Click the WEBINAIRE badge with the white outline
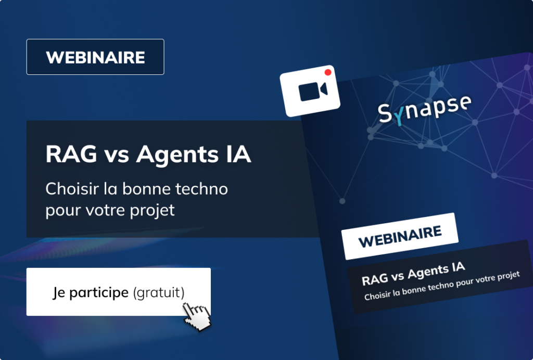95,57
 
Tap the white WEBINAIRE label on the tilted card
400,236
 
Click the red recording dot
328,72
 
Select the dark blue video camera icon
313,92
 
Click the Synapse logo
425,109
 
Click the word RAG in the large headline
71,154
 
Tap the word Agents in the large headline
177,156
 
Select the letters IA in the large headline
238,154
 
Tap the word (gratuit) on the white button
159,293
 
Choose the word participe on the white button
99,293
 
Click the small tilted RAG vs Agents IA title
413,274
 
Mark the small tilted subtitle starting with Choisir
442,286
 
